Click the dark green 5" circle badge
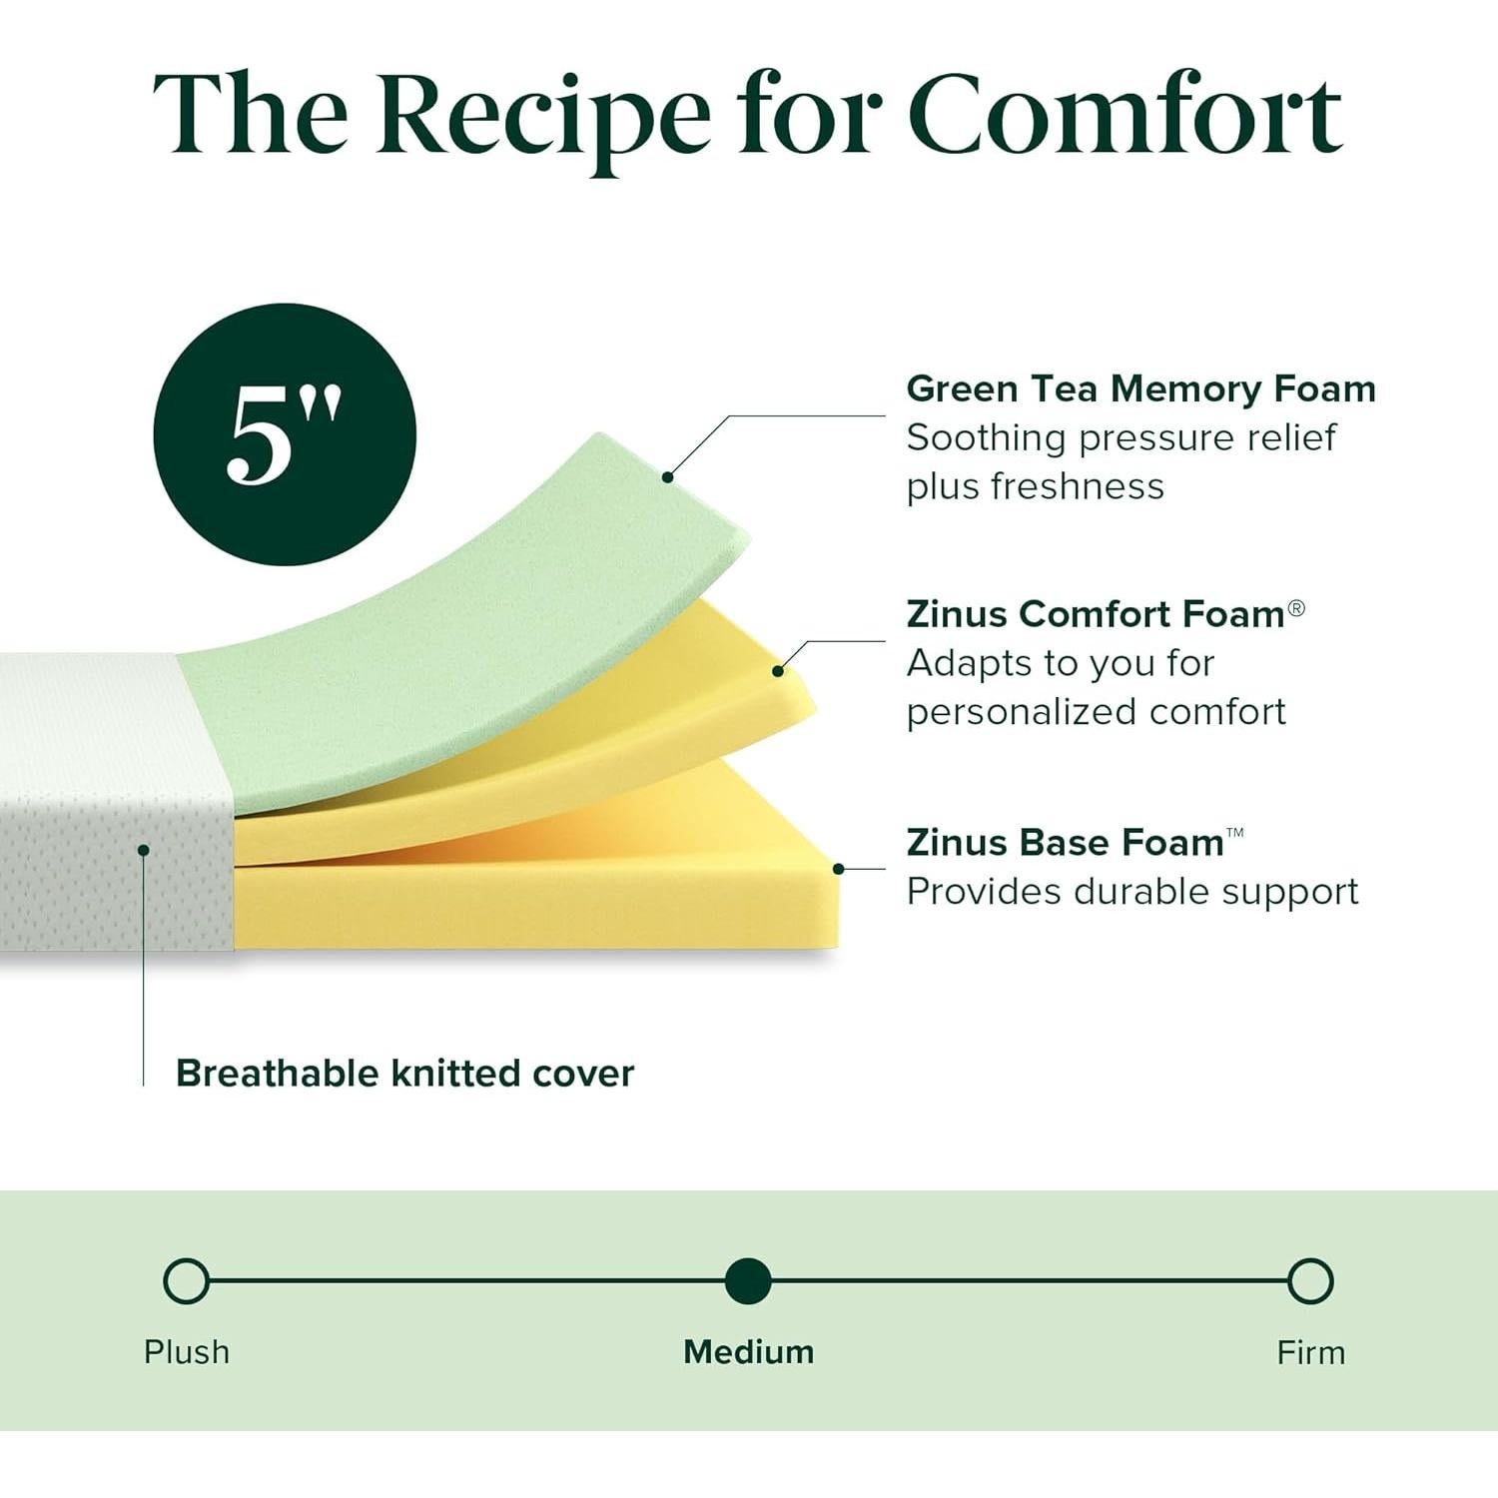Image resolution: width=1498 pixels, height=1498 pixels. (285, 434)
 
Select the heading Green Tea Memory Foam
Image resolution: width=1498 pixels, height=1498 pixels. (1140, 388)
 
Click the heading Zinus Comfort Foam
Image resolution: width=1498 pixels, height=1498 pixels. (1095, 614)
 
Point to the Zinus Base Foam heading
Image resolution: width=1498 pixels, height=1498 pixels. (1065, 843)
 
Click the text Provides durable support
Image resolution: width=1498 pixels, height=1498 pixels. (1131, 892)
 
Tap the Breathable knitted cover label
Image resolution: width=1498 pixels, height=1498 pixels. (404, 1074)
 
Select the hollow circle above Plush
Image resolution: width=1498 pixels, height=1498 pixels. (186, 1281)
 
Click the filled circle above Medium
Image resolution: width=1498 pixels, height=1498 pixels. (748, 1281)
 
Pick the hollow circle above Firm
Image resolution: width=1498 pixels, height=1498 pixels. (1310, 1281)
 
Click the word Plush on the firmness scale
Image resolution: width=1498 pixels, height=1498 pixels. (187, 1352)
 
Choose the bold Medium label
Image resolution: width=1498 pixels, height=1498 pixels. (748, 1352)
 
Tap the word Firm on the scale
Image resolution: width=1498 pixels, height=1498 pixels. (1310, 1353)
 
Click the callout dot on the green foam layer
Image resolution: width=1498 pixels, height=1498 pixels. (667, 477)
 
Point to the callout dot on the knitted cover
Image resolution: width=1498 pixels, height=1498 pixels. (144, 850)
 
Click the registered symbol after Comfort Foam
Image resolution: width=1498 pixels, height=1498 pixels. (1296, 608)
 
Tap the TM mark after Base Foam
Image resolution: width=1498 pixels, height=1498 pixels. (1235, 832)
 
